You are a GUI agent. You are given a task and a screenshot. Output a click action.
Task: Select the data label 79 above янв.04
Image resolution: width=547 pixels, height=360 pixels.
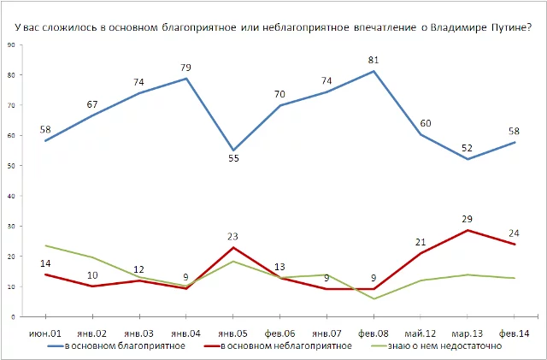185,68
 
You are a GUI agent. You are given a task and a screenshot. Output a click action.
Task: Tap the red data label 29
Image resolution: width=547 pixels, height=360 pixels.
467,219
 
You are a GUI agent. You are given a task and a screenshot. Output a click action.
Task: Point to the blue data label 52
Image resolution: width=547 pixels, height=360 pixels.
467,147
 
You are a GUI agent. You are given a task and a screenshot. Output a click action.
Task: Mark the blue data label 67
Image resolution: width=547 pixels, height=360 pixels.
92,104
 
